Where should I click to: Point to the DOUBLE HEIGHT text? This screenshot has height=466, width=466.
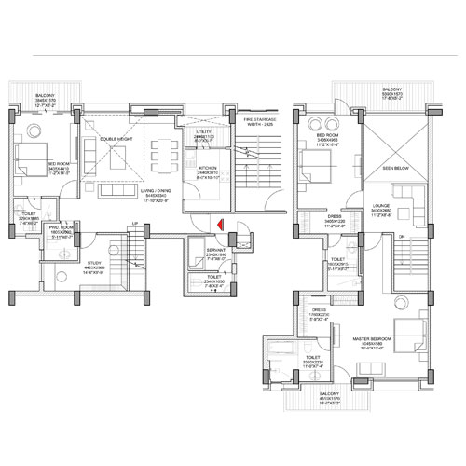click(119, 140)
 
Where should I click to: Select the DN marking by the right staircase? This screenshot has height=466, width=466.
click(400, 237)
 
